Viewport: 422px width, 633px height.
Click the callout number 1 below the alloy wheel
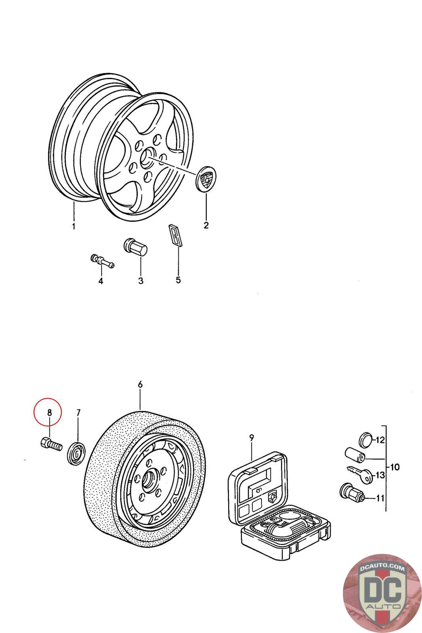pos(74,226)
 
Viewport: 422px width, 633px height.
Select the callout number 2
pos(206,226)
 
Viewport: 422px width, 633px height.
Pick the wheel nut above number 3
pos(136,248)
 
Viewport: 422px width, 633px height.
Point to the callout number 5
pos(178,280)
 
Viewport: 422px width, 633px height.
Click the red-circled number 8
pos(49,412)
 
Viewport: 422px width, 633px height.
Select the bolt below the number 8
pos(51,444)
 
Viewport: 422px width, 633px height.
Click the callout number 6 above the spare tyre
pos(140,384)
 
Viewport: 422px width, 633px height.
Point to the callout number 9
pos(252,438)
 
